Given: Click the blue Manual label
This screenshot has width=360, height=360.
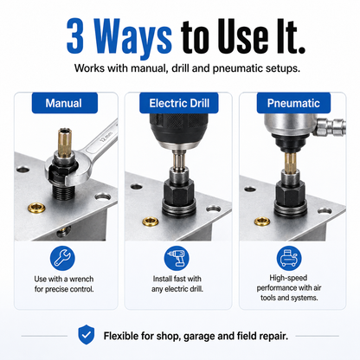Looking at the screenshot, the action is (x=65, y=103).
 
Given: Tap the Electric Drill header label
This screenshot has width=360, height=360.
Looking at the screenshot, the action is (x=179, y=103).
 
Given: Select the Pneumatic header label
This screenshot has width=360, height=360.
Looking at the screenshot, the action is (x=293, y=103).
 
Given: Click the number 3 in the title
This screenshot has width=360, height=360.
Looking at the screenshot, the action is (x=75, y=36).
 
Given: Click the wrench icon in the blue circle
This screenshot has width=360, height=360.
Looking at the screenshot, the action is (x=62, y=258).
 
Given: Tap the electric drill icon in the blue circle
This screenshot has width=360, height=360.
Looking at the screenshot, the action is (x=177, y=258).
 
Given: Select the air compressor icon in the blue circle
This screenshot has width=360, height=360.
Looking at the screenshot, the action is (x=289, y=258).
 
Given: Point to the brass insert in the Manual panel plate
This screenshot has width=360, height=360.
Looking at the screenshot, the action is (x=36, y=207).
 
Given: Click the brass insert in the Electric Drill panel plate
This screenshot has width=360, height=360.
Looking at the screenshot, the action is (x=151, y=222).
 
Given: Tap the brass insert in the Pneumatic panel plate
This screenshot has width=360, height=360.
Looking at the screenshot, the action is (x=262, y=222).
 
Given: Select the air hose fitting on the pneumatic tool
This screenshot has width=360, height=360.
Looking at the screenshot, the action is (x=331, y=128).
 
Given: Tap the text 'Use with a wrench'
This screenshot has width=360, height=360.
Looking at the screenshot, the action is (x=64, y=279).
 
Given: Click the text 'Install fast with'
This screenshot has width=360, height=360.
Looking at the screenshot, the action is (x=177, y=279).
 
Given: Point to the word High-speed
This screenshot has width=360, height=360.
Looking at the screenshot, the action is (x=288, y=278).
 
